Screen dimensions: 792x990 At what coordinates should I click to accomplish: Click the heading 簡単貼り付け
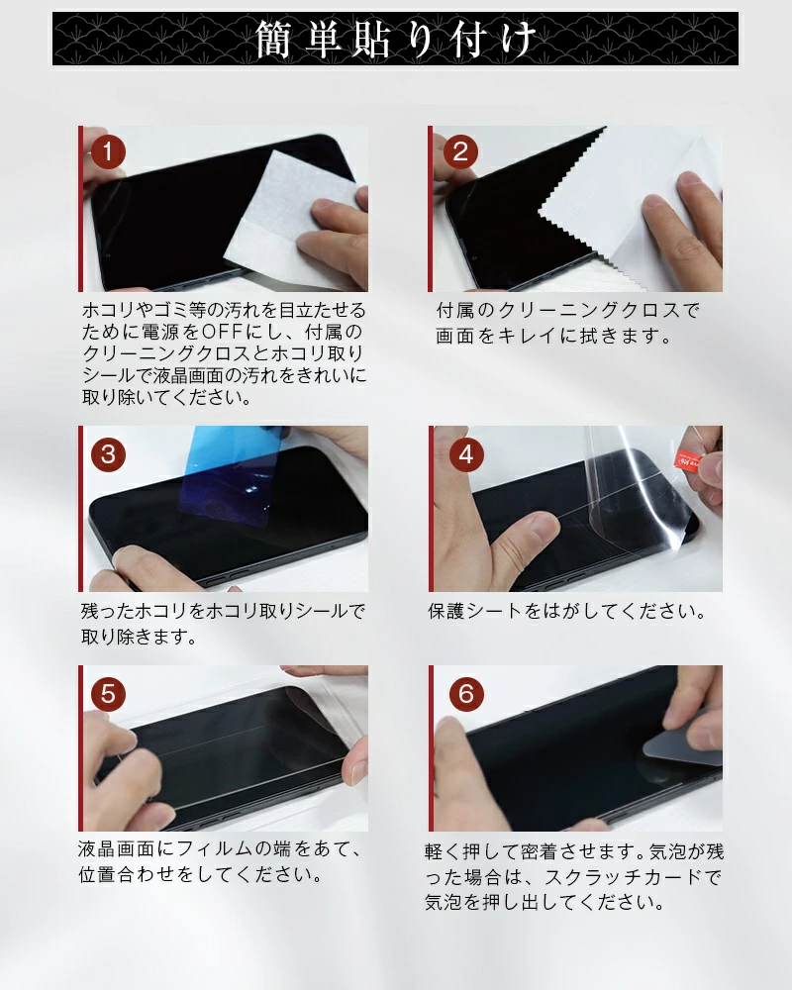coord(396,40)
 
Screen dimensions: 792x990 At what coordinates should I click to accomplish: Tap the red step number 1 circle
coord(107,151)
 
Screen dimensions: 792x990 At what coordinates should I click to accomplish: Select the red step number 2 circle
coord(460,151)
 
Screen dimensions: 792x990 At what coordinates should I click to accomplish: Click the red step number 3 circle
coord(108,454)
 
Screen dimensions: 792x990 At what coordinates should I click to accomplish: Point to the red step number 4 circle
coord(466,454)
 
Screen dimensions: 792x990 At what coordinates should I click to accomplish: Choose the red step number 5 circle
coord(108,694)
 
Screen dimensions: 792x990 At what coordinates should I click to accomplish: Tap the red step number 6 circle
coord(466,694)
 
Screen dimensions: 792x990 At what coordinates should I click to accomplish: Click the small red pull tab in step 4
coord(688,458)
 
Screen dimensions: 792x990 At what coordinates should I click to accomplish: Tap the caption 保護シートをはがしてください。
coord(566,611)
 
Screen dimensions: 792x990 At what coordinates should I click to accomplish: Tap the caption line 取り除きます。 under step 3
coord(139,637)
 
